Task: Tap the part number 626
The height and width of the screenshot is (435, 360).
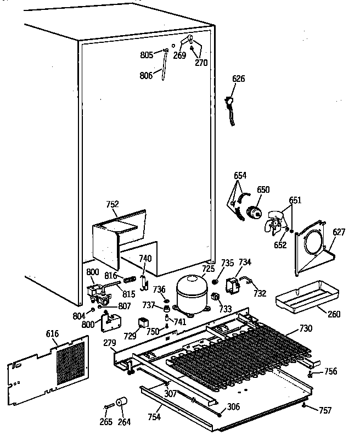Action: tap(238, 79)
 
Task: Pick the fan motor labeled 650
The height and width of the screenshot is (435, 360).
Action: tap(254, 211)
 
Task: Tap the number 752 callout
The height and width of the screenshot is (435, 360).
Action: tap(112, 204)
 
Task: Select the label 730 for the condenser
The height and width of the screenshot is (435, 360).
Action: tap(306, 329)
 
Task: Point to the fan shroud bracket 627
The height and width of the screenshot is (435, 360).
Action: tap(313, 247)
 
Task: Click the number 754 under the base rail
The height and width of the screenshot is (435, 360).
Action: tap(154, 417)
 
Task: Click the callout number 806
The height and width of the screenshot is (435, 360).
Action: tap(146, 76)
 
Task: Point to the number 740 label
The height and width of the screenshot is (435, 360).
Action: tap(145, 259)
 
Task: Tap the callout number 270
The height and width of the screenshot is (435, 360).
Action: tap(201, 63)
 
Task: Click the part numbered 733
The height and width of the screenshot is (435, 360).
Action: tap(215, 298)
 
